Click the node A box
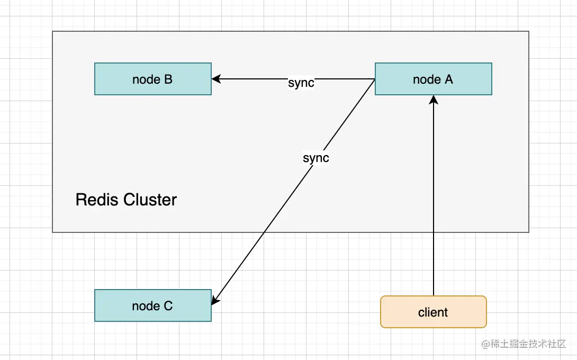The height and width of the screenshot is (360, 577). tap(434, 79)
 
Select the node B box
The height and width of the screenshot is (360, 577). tap(152, 79)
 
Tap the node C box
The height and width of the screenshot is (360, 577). tap(152, 305)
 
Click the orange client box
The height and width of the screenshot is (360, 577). tap(433, 312)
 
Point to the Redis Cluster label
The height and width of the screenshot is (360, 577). tap(126, 200)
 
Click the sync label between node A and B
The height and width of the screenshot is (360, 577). tap(301, 83)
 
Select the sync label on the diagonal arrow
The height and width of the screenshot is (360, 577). tap(316, 158)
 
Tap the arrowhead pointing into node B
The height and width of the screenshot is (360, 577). tap(216, 79)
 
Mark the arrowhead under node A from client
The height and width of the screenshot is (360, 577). tap(434, 100)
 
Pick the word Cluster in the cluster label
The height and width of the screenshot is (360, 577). tap(150, 200)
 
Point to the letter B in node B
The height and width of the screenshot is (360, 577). tap(168, 79)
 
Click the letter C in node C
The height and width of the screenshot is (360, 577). tap(168, 306)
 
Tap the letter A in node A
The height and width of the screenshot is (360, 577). tap(448, 79)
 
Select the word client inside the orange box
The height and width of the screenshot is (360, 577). tap(433, 312)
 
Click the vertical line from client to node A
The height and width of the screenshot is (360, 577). tap(434, 212)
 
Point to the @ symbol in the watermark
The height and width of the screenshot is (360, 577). tap(484, 344)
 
